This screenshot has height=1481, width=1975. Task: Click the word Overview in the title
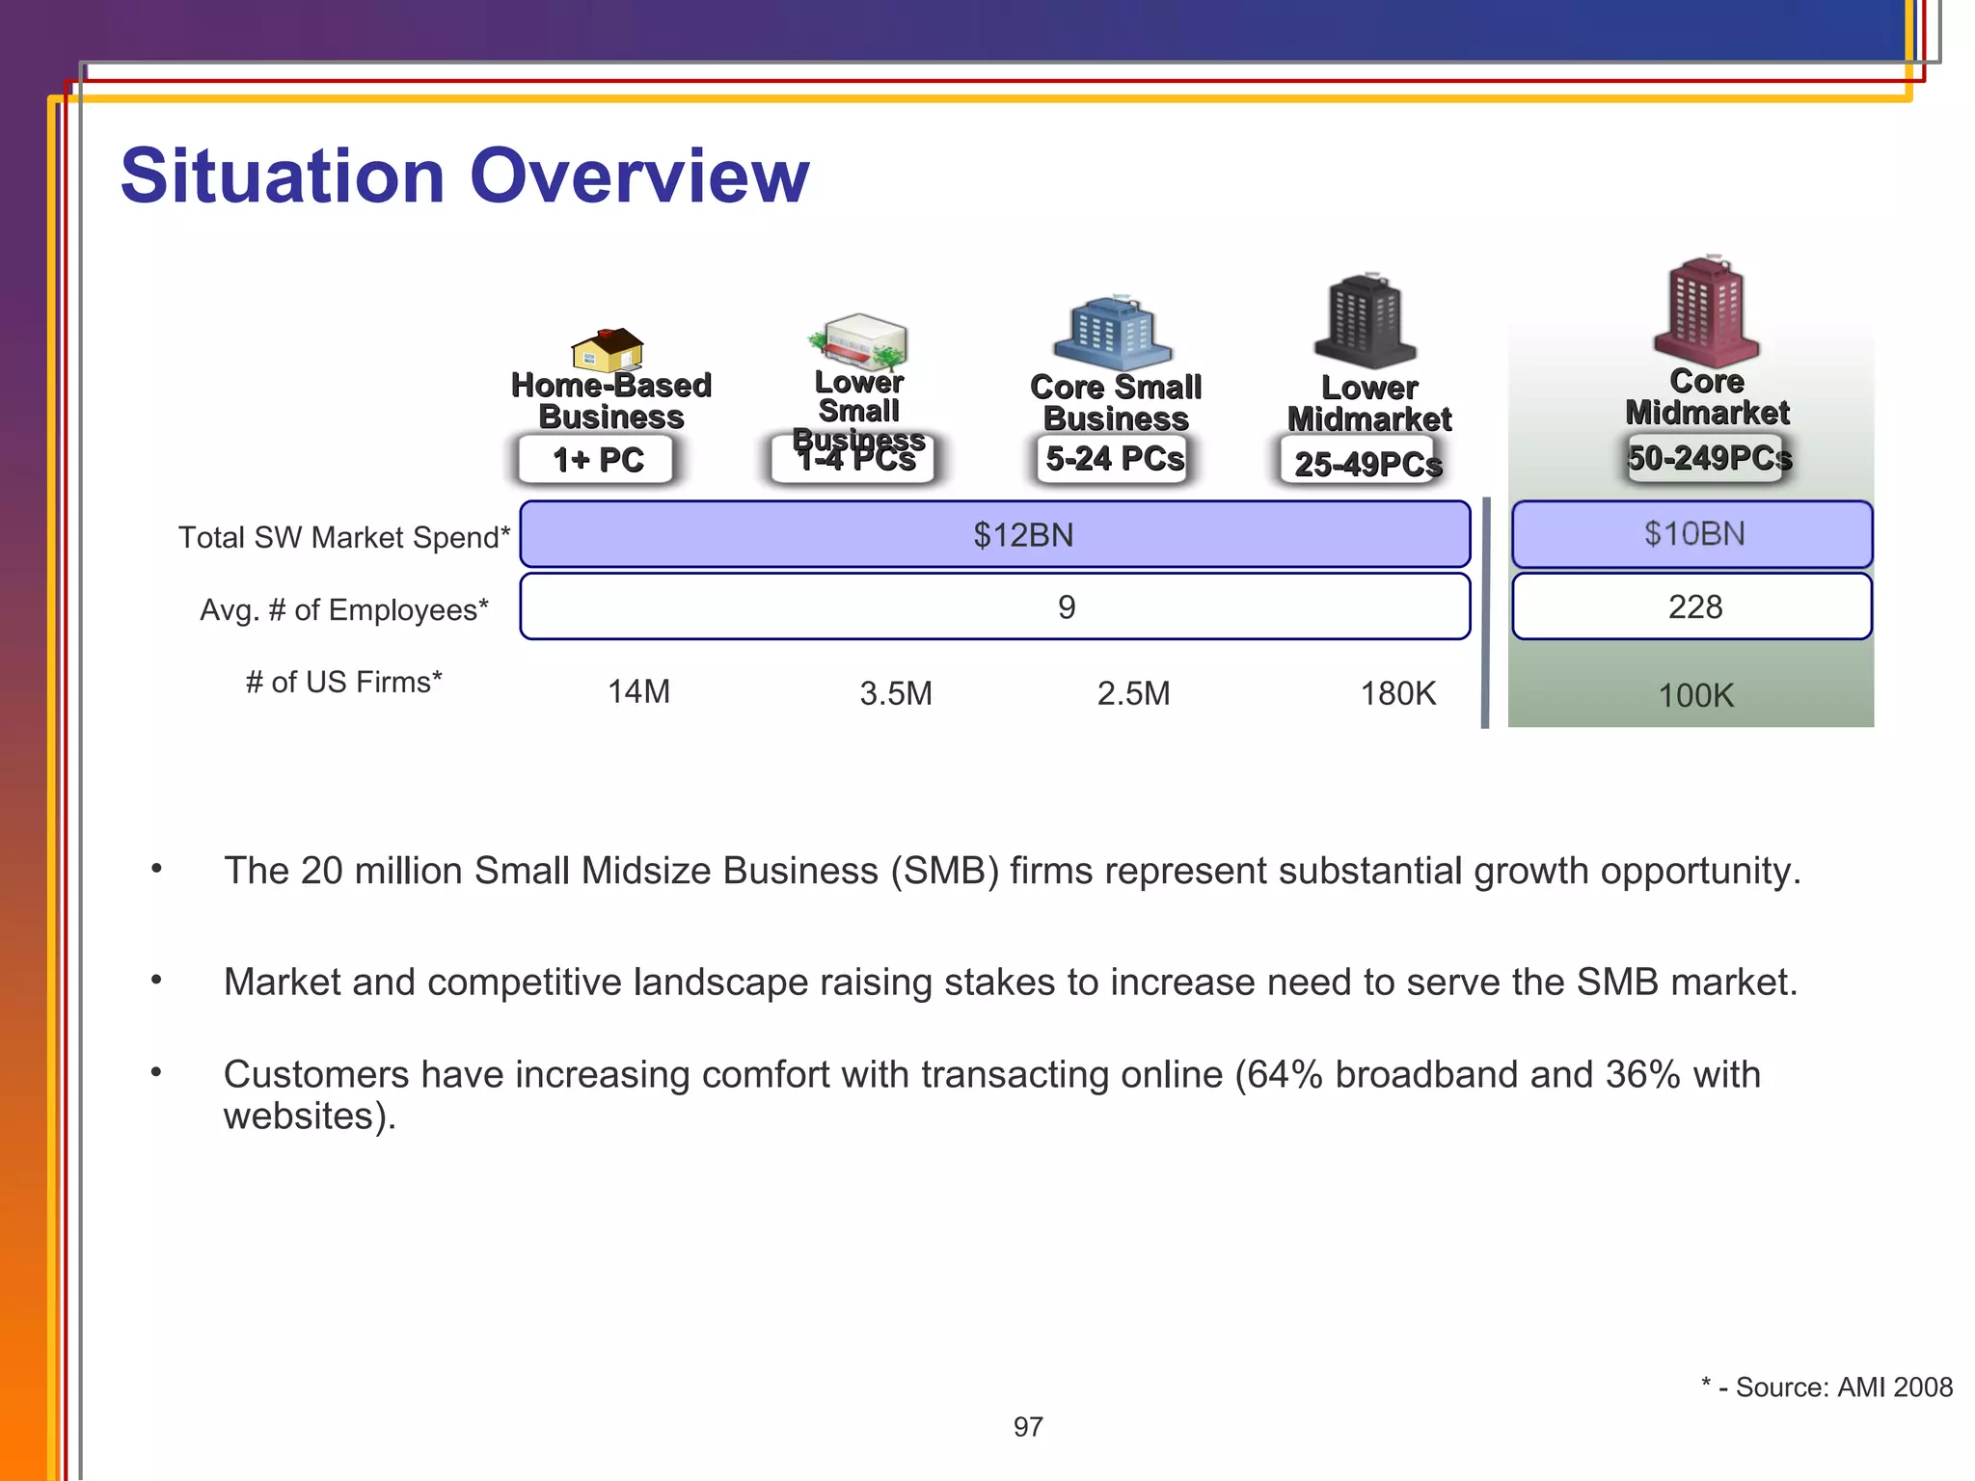pos(638,177)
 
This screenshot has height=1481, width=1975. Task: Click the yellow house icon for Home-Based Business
pos(608,350)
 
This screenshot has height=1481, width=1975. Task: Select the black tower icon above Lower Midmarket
pos(1366,321)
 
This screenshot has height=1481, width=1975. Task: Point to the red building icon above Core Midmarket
pos(1706,310)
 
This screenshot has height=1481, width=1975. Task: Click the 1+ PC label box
pos(598,460)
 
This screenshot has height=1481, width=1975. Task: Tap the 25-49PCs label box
pos(1367,464)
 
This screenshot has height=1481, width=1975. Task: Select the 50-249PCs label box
pos(1708,458)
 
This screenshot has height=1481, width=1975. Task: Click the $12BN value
pos(1022,534)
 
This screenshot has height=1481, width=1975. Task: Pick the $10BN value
pos(1694,533)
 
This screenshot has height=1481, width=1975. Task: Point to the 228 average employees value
pos(1694,606)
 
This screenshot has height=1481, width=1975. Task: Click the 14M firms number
pos(638,692)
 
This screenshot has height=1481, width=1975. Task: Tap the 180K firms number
pos(1397,693)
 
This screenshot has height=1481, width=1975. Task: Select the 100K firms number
pos(1695,695)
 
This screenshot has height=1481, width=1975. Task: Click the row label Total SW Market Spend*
pos(344,537)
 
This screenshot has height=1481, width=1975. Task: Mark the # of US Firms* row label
pos(343,682)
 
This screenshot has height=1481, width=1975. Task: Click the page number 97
pos(1028,1427)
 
